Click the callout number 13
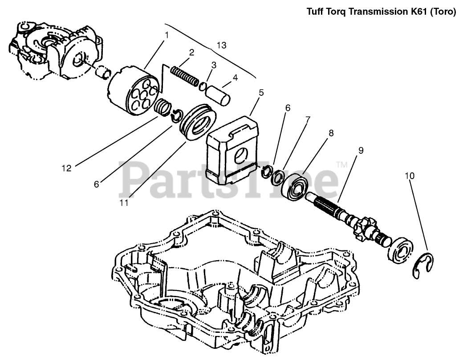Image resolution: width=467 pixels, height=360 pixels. coord(221,45)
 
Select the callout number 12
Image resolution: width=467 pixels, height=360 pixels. coord(66,168)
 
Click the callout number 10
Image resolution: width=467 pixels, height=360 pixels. coord(410,176)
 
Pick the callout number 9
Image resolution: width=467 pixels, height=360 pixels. coord(361,150)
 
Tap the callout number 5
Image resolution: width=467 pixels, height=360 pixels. coord(261,93)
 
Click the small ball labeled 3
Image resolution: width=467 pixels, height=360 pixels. coord(203,86)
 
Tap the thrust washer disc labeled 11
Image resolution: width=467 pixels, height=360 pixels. coord(198,122)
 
